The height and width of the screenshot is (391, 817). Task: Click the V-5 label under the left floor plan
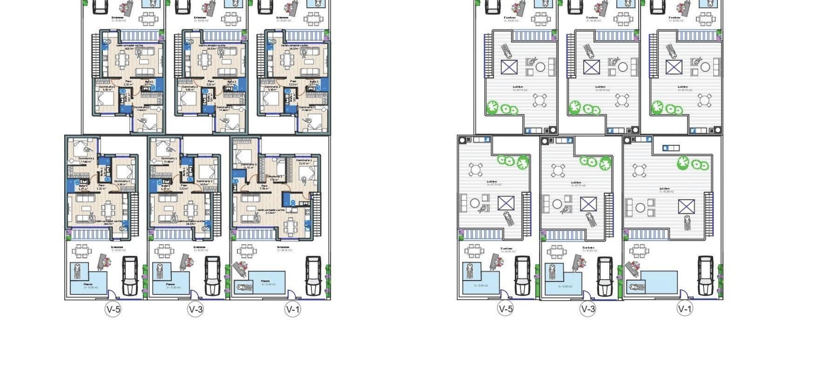(x=113, y=309)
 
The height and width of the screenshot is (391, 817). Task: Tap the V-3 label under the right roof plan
(x=588, y=309)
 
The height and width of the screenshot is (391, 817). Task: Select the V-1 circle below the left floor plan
(x=292, y=309)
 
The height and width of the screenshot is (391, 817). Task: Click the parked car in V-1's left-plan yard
(x=314, y=275)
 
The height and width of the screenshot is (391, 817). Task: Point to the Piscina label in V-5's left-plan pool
(x=88, y=284)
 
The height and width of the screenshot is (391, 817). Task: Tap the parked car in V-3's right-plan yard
(x=604, y=275)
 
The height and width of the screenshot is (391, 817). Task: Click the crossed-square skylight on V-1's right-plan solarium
(x=686, y=207)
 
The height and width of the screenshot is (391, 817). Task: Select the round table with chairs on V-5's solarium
(x=475, y=170)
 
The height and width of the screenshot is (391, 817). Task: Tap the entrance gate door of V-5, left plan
(x=112, y=295)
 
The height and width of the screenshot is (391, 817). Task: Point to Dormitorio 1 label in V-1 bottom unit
(x=304, y=160)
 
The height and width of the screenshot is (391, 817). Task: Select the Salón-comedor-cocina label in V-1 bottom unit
(x=271, y=210)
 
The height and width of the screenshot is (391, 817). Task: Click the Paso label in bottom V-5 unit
(x=101, y=185)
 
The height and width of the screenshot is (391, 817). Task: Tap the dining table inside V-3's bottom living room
(x=190, y=209)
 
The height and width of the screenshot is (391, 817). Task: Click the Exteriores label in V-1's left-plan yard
(x=283, y=247)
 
